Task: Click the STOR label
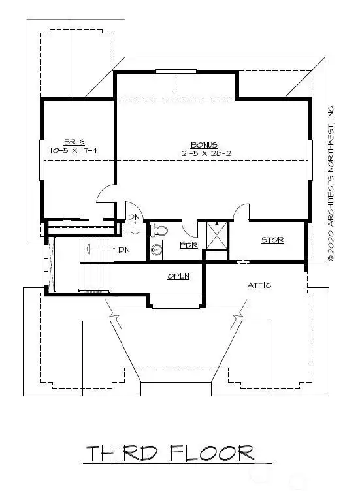[x=272, y=240]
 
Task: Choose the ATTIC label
[x=259, y=285]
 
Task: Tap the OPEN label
[x=178, y=276]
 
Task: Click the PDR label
[x=189, y=246]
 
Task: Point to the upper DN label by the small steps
[x=133, y=217]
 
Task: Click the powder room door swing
[x=189, y=229]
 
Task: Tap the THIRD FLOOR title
[x=170, y=452]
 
